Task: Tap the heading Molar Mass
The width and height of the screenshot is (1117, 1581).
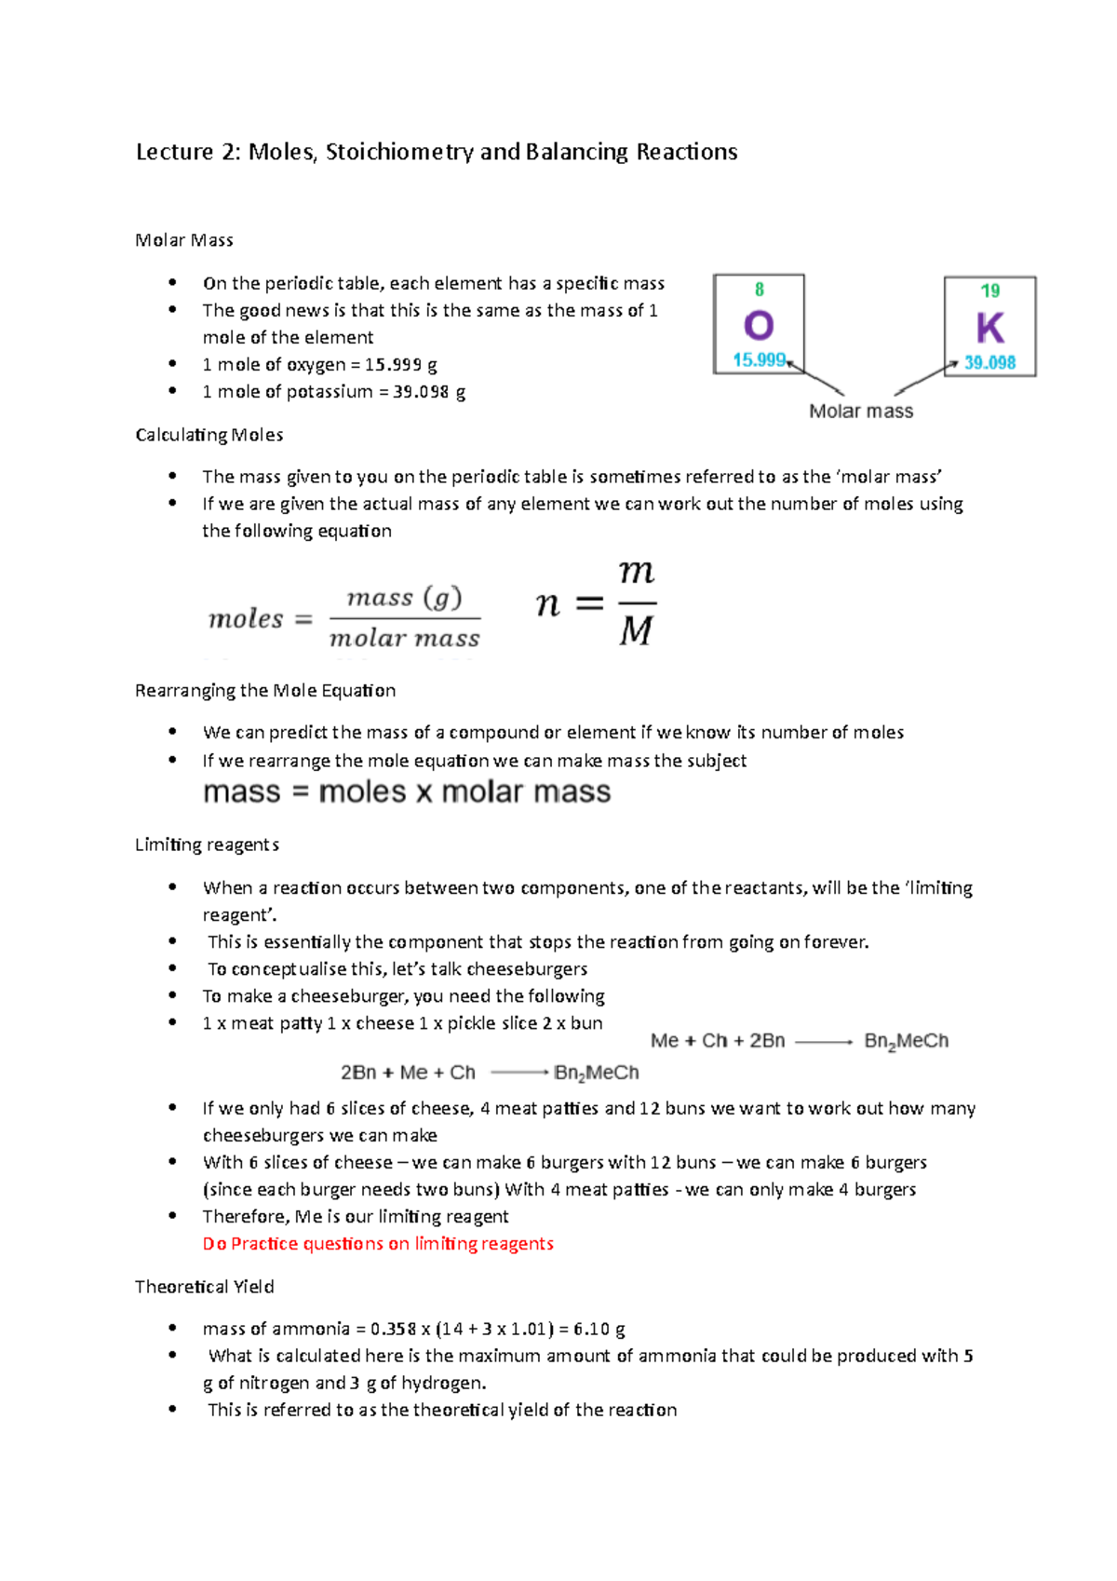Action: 184,240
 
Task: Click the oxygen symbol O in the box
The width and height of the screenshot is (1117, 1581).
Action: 759,325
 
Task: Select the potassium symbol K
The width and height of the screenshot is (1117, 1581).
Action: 989,328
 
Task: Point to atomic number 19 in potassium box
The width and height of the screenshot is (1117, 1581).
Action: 990,291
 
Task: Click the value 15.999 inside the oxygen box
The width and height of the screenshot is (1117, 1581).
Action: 759,359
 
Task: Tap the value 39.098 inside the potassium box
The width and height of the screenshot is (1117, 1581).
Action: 989,362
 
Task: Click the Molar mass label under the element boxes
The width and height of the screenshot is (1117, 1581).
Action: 861,411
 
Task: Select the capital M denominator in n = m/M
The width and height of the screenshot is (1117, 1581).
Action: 637,631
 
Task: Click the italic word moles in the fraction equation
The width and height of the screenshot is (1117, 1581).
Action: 246,618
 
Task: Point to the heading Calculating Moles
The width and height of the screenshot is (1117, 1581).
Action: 209,435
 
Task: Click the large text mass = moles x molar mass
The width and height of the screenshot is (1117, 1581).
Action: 407,791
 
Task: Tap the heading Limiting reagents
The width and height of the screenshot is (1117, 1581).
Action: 207,845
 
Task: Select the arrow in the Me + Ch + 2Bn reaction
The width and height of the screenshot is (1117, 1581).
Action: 824,1042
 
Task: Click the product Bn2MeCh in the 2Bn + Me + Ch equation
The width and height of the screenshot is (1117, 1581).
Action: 597,1073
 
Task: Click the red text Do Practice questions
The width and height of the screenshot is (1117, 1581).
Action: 378,1244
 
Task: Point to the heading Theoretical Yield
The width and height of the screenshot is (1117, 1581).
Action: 205,1287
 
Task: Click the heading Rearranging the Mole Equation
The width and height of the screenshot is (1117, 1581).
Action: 265,690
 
